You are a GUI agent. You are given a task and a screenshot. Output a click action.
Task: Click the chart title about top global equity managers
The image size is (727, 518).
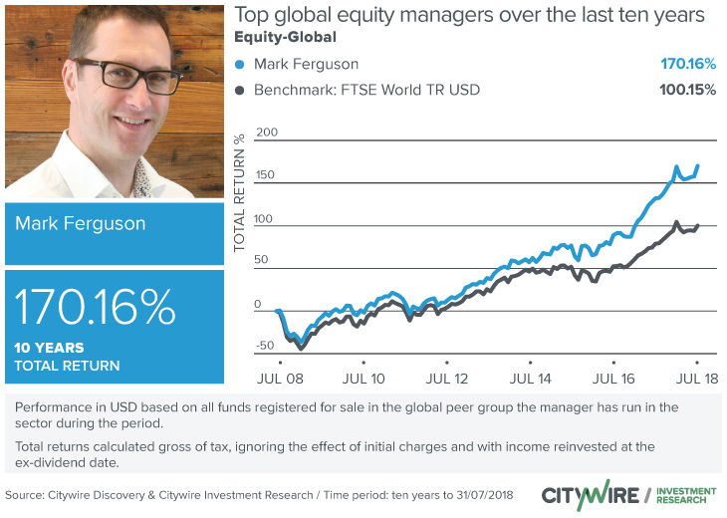(469, 16)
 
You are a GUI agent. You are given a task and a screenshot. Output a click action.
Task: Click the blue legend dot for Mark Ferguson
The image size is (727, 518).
(239, 65)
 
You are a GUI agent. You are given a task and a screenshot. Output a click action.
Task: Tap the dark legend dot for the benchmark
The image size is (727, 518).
(239, 91)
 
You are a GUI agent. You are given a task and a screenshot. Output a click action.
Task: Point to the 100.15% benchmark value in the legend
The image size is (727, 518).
(687, 91)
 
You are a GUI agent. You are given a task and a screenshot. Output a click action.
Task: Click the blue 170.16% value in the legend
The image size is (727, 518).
(688, 65)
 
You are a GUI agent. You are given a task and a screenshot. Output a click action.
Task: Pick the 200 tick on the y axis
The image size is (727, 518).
(267, 132)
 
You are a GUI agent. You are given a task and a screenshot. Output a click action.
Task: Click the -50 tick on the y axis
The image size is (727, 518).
(264, 346)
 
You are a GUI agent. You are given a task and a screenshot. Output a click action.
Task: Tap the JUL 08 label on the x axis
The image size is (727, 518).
(281, 380)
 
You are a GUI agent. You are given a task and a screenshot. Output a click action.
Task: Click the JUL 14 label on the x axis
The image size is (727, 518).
(530, 380)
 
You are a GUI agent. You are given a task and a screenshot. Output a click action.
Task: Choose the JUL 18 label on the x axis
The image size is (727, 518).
(696, 380)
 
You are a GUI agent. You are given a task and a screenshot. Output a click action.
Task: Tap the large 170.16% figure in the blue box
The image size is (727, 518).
(96, 308)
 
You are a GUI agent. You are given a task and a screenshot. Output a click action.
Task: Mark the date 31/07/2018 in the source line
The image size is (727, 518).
(479, 495)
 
